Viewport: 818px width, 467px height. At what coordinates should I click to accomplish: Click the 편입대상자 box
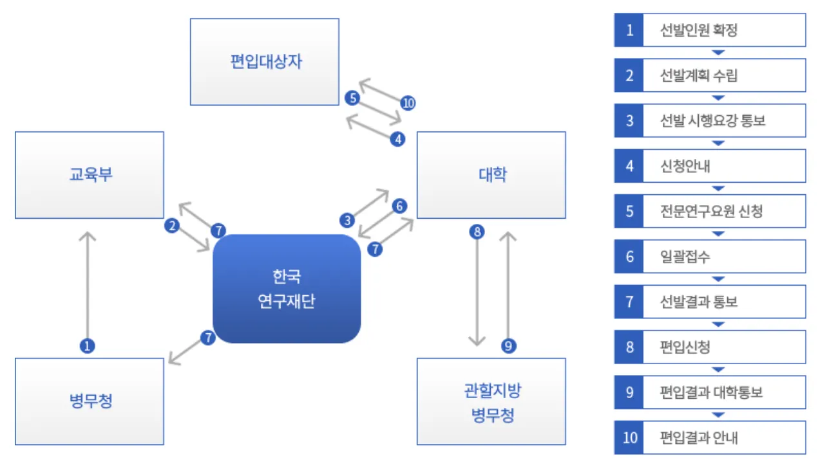pos(265,62)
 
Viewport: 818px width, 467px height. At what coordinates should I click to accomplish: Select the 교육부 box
pos(90,175)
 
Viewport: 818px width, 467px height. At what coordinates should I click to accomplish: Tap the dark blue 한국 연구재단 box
pos(287,289)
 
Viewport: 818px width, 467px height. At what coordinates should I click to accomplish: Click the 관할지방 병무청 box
pos(491,401)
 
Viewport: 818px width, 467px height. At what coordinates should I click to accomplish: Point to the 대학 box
pos(491,175)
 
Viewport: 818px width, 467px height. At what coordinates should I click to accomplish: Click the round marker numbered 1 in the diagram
pos(88,346)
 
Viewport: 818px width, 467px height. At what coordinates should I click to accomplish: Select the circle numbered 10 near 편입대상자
pos(408,103)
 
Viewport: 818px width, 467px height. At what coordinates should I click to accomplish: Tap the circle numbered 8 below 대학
pos(477,232)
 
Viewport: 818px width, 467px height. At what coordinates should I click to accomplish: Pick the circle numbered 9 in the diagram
pos(509,346)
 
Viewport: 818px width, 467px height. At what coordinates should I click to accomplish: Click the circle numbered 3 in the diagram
pos(348,221)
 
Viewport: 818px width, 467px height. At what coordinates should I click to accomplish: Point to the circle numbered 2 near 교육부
pos(171,225)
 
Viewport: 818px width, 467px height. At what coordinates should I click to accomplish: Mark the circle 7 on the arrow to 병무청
pos(207,338)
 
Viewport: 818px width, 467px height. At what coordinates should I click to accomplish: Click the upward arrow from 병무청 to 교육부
pos(88,283)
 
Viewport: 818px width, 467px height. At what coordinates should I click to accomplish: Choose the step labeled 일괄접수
pos(685,257)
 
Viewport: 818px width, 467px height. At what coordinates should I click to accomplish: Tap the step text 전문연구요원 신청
pos(711,211)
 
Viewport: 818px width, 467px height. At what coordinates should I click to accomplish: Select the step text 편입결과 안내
pos(699,438)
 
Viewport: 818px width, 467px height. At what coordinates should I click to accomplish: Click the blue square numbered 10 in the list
pos(629,438)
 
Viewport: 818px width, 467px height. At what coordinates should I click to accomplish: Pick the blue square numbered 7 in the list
pos(629,302)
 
